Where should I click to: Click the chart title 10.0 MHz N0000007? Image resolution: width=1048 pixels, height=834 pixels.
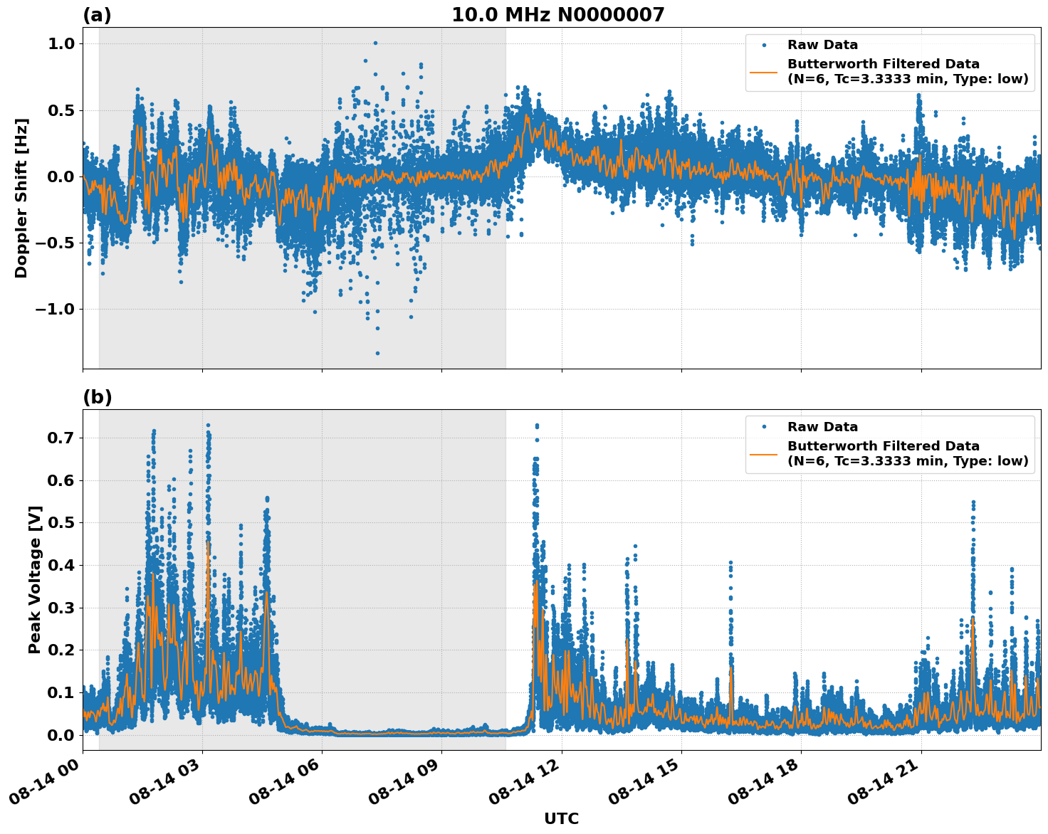[557, 15]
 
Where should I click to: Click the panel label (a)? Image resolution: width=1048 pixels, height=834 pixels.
[97, 15]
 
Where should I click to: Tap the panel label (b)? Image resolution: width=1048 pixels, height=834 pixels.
[97, 397]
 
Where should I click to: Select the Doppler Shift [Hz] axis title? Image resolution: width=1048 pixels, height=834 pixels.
[21, 198]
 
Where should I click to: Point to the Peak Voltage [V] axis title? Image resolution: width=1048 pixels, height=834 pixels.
[35, 579]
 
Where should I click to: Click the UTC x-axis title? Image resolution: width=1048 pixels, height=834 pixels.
[561, 818]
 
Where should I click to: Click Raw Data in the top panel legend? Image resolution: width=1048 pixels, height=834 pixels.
[822, 45]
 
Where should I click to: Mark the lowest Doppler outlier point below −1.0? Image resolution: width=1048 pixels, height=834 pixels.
[377, 353]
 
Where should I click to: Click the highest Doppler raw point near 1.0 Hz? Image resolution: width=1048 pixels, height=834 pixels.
[375, 43]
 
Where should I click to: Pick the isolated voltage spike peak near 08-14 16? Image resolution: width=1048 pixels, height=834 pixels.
[730, 563]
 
